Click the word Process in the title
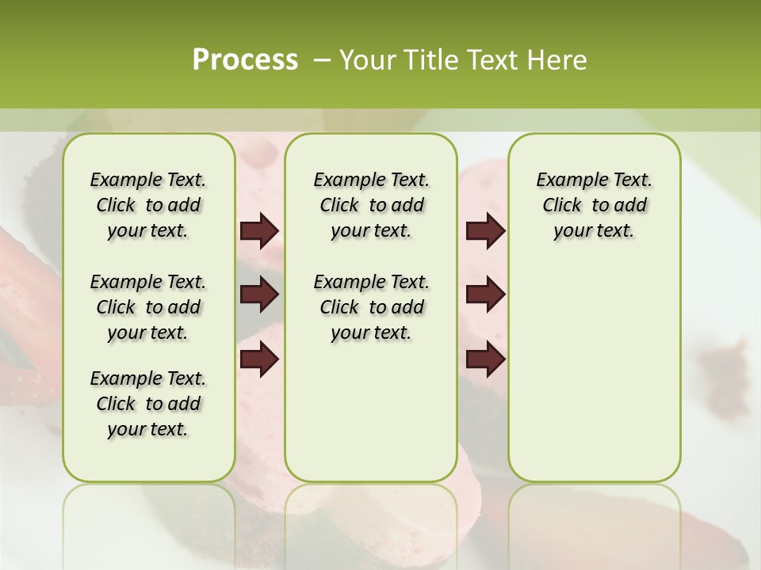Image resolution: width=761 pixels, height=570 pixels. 245,60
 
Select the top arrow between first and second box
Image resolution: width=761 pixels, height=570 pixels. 259,231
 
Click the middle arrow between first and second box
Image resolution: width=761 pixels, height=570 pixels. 259,295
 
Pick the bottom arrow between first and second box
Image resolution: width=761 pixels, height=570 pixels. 259,359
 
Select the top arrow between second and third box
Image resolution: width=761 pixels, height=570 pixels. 485,231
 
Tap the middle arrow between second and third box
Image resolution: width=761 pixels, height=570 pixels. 485,295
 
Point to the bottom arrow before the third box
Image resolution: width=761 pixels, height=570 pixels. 485,359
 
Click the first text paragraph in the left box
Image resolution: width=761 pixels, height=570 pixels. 148,205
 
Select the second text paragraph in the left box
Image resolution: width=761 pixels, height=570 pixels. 148,307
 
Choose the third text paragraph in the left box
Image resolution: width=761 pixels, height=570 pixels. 148,404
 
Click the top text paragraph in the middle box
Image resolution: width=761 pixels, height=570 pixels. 371,205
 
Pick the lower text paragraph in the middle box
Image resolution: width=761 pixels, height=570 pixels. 371,307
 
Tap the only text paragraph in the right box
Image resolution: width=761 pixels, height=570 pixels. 594,205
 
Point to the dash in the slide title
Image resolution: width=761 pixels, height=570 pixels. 321,60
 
